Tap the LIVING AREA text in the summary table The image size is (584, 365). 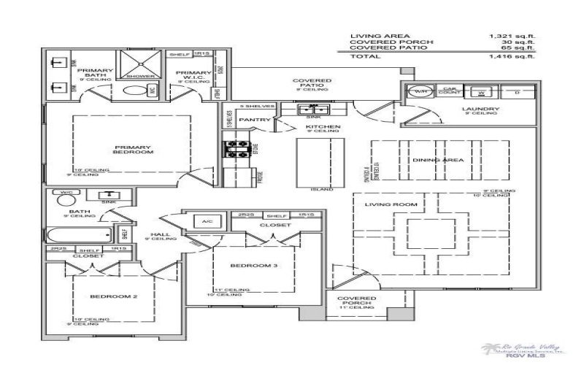(370, 35)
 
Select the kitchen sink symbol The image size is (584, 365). (313, 109)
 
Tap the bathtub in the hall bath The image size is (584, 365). (80, 234)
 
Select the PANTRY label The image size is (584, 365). (255, 119)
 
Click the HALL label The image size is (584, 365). (155, 234)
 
